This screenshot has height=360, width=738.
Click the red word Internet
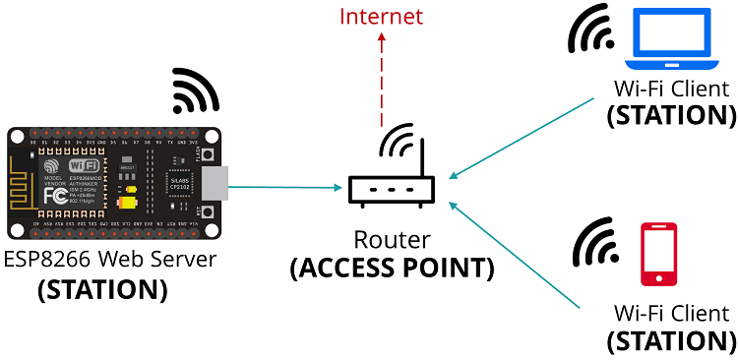(381, 17)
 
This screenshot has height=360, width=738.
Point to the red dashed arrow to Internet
(381, 79)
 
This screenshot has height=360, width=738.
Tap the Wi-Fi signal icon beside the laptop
(593, 34)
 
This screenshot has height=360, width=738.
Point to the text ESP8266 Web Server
(109, 261)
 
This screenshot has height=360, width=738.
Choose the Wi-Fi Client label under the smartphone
(671, 313)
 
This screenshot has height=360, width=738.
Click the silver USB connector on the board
(213, 183)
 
